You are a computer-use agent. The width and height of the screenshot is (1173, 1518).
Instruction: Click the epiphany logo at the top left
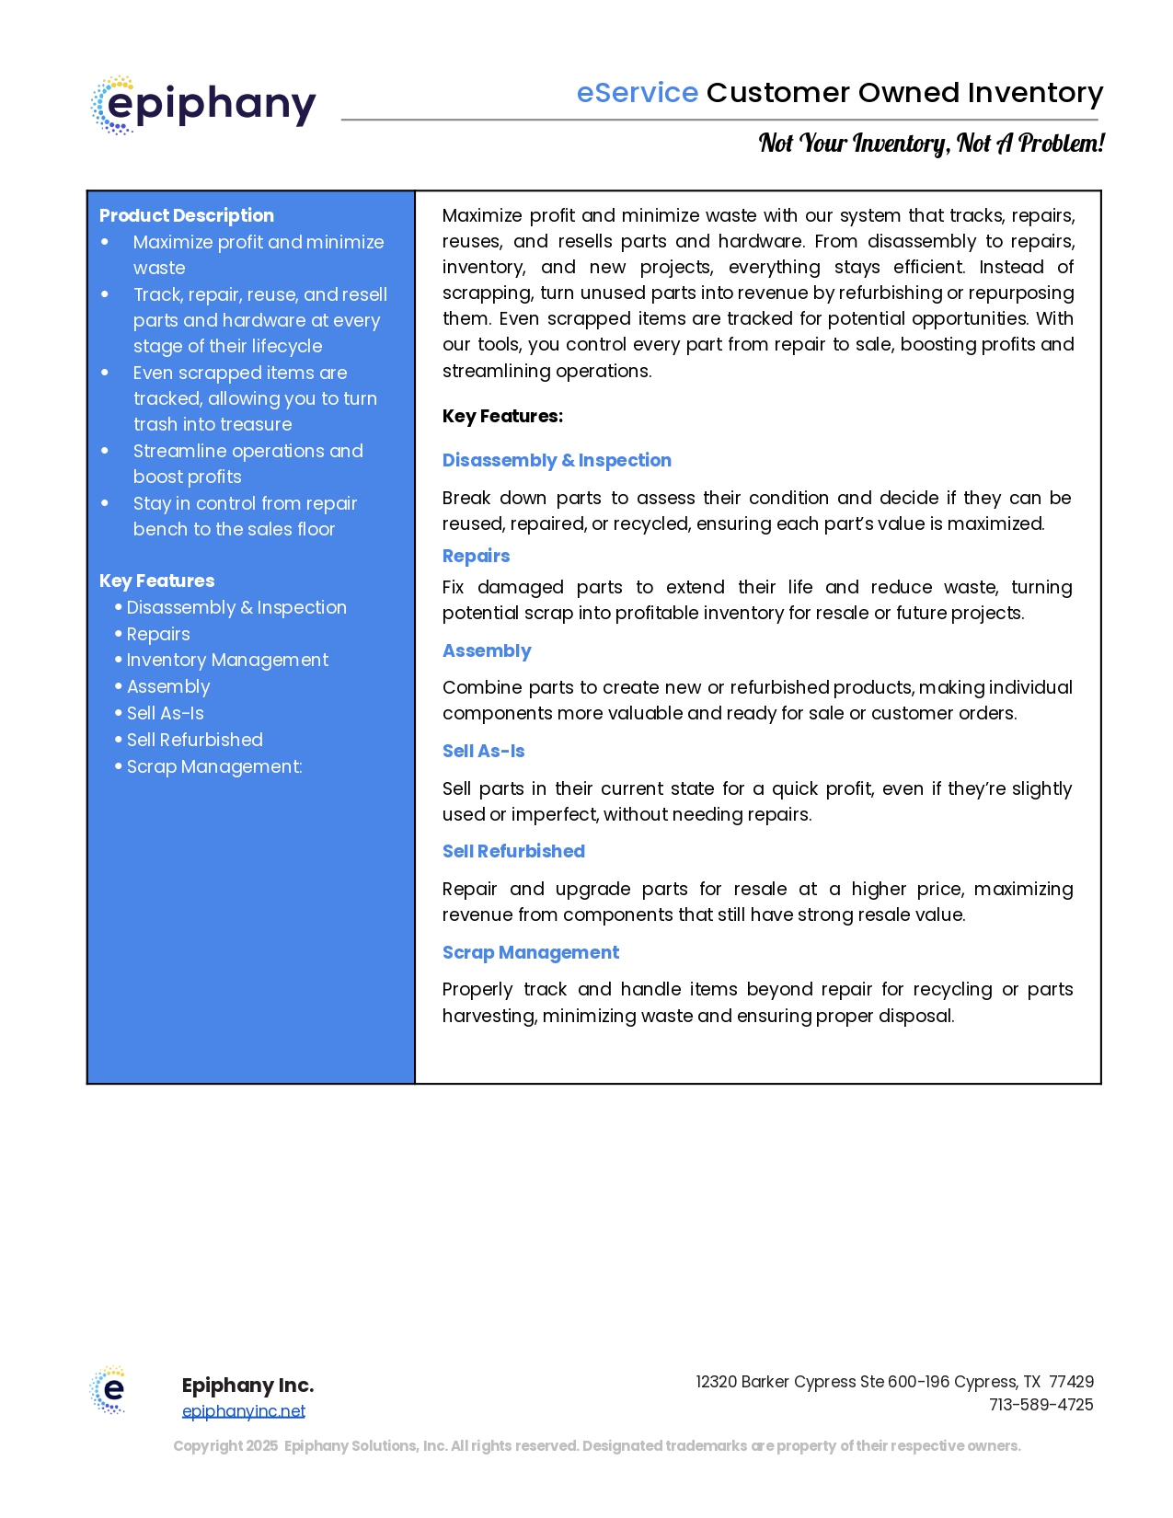[203, 105]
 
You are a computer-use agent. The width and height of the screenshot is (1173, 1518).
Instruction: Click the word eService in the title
[637, 93]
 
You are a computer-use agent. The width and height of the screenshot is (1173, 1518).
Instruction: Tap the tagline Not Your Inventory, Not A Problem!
[931, 144]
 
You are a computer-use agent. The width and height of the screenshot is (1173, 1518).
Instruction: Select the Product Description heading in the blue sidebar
[187, 215]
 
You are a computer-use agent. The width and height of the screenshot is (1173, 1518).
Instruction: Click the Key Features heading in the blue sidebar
[156, 581]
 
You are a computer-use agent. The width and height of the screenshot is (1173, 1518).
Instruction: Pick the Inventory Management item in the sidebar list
[227, 660]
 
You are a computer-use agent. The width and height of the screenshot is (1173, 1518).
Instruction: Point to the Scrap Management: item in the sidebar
[214, 766]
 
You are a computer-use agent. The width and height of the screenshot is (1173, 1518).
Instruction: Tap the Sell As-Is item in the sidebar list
[166, 713]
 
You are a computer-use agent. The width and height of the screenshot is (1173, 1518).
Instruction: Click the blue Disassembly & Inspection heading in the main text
[557, 460]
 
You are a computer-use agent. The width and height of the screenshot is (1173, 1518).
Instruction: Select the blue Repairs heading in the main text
[476, 556]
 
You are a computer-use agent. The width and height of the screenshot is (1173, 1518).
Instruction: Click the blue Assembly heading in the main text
[487, 650]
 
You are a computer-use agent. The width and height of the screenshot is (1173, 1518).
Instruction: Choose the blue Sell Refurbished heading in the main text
[513, 851]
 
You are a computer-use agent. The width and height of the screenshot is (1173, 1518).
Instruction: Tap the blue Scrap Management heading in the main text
[531, 952]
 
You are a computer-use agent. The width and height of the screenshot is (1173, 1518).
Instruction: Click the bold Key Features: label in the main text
[502, 416]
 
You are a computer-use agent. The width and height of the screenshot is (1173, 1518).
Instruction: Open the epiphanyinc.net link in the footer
[244, 1411]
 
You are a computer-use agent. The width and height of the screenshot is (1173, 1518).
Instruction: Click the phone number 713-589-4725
[1041, 1405]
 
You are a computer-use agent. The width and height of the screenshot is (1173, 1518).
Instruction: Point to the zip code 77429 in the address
[1071, 1382]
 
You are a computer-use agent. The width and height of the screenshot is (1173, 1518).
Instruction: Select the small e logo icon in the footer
[109, 1389]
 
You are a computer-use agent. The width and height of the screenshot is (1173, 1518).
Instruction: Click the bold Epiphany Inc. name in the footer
[247, 1386]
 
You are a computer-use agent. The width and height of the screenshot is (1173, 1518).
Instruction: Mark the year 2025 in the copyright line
[261, 1446]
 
